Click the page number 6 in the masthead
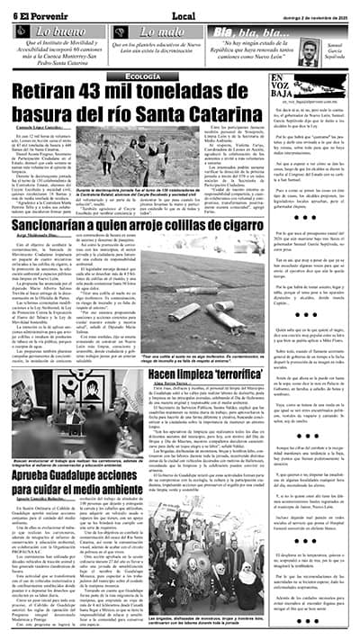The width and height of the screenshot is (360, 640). (x=15, y=13)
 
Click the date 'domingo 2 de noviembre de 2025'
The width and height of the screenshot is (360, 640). (x=311, y=13)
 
